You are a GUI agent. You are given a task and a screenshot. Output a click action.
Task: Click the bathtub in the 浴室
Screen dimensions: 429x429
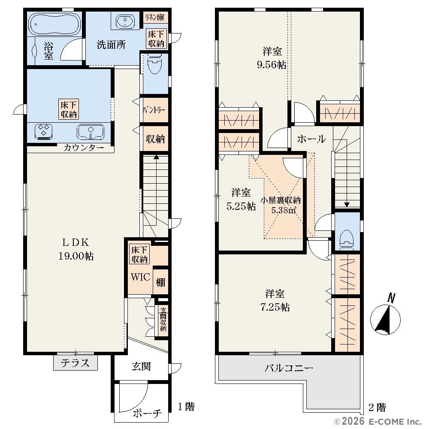(55, 24)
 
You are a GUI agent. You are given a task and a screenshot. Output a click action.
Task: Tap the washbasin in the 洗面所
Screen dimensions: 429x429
(125, 21)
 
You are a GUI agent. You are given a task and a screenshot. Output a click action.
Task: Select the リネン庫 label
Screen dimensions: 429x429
(155, 18)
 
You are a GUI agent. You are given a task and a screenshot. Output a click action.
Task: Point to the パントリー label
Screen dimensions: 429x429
(154, 110)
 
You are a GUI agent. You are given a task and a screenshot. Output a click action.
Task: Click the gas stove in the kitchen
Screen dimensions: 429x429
(43, 132)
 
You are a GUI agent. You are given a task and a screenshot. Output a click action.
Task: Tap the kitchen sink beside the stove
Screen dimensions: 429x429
(91, 132)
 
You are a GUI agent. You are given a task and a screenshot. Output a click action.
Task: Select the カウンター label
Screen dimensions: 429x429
(84, 148)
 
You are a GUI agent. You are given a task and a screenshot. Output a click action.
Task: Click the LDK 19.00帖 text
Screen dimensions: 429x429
(76, 249)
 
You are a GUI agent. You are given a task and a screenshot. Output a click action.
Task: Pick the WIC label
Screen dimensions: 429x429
(140, 277)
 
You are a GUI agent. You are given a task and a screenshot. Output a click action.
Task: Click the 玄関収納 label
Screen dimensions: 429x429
(163, 319)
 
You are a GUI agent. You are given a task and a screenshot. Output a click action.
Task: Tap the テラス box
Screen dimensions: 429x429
(75, 363)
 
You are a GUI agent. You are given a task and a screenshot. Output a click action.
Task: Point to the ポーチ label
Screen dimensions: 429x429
(147, 413)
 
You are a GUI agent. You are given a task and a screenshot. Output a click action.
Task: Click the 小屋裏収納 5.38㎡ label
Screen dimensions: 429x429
(281, 205)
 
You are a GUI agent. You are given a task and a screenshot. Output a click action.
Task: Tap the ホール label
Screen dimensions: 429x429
(311, 139)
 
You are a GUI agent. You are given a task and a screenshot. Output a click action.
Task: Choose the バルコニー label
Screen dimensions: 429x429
(289, 368)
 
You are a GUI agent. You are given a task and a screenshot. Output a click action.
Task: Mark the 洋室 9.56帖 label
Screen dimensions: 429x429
(272, 58)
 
